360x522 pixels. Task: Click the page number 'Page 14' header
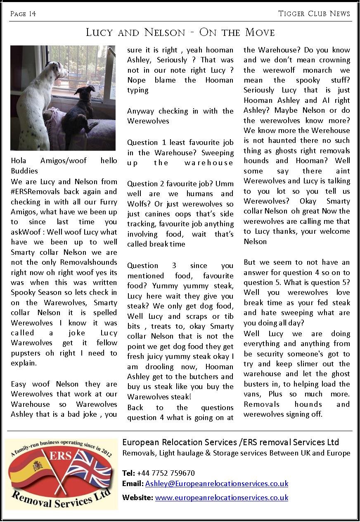pyautogui.click(x=23, y=14)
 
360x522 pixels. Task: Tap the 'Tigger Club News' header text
pyautogui.click(x=314, y=14)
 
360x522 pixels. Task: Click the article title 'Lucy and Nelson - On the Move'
pyautogui.click(x=180, y=32)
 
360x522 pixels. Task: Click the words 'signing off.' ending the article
pyautogui.click(x=303, y=414)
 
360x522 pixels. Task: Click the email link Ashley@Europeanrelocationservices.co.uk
pyautogui.click(x=216, y=484)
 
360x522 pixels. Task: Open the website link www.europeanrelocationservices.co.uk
pyautogui.click(x=221, y=498)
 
